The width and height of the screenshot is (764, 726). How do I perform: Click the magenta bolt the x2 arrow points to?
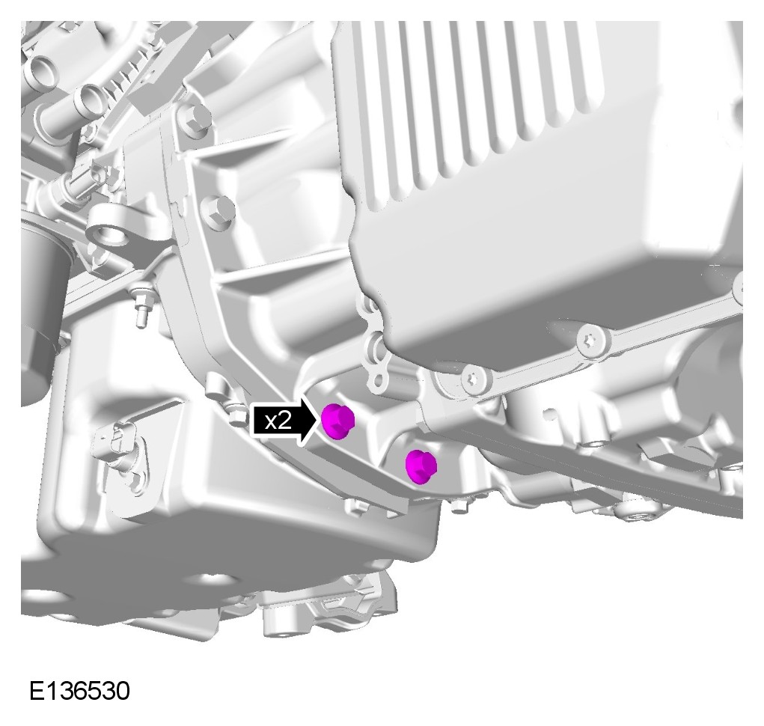pos(337,421)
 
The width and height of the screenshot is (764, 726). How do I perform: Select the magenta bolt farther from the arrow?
pos(421,467)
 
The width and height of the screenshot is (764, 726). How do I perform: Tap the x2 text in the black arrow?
pos(278,421)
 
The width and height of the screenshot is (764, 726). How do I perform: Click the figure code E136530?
pos(79,690)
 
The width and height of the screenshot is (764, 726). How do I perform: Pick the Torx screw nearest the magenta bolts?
pos(475,380)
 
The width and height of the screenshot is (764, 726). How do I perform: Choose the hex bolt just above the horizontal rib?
pos(217,210)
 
